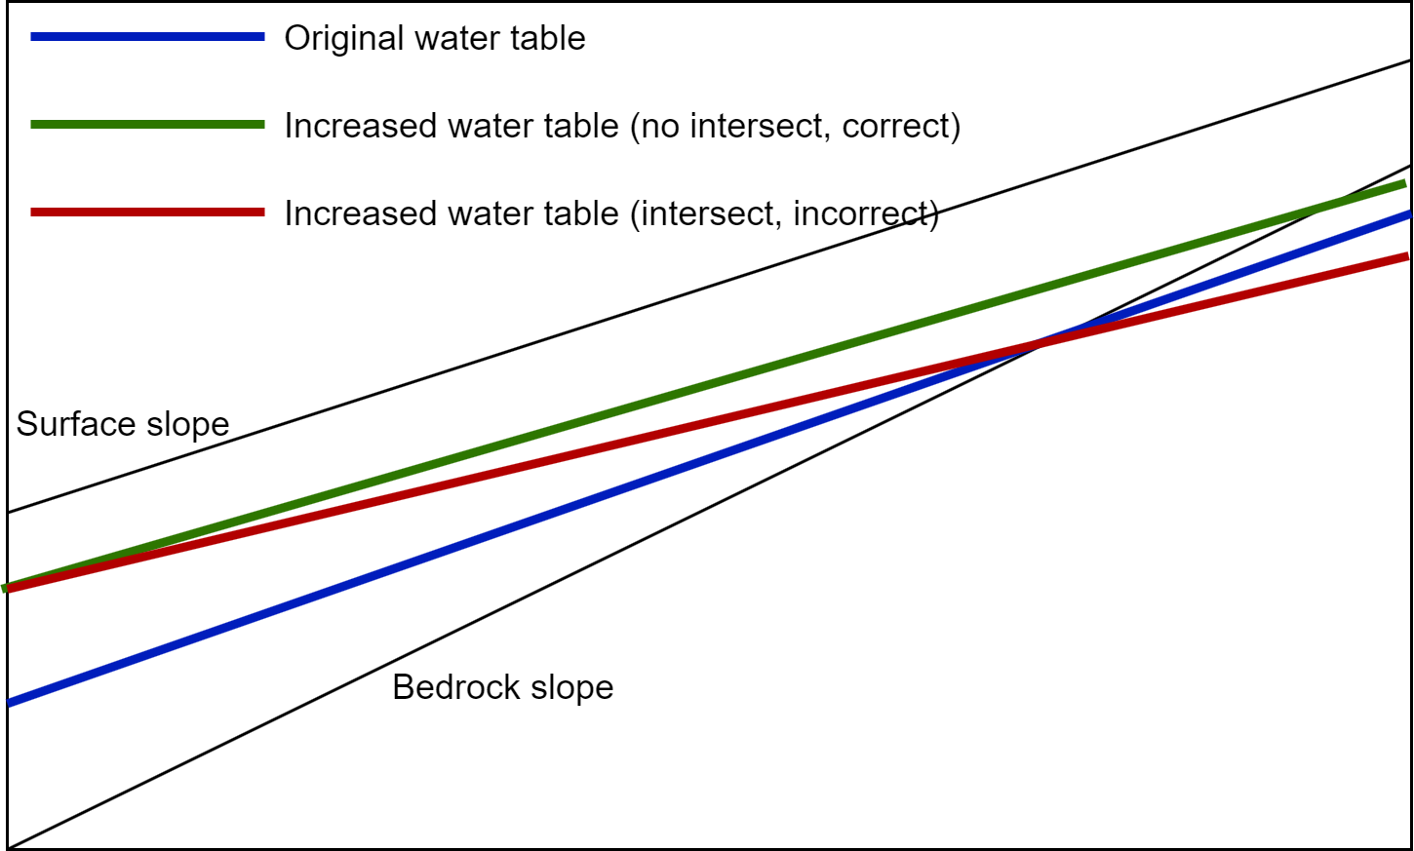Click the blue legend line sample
(x=147, y=37)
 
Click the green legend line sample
(x=147, y=124)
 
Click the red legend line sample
(x=147, y=212)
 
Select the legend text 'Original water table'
(x=435, y=38)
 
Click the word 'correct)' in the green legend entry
(x=901, y=126)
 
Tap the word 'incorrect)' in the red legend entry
(x=866, y=213)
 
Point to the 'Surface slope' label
(x=123, y=423)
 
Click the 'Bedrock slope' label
(x=503, y=686)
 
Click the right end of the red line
(x=1408, y=256)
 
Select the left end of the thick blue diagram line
(x=8, y=702)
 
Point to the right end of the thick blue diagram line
(x=1410, y=214)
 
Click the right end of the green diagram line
(x=1406, y=183)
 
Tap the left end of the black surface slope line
(x=8, y=512)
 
